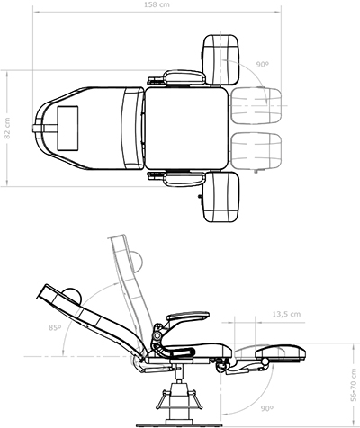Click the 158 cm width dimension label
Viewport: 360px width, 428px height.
[x=157, y=4]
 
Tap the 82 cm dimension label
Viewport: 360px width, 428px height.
[x=7, y=128]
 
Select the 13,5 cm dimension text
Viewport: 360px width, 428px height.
[x=286, y=314]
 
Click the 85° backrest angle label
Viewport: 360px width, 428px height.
[x=55, y=327]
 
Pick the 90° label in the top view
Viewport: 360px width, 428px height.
[x=262, y=64]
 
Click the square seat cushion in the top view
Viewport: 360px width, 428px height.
[x=186, y=129]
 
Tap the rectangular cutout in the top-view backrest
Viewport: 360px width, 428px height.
[x=67, y=128]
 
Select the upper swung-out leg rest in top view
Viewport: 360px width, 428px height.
[x=221, y=60]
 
